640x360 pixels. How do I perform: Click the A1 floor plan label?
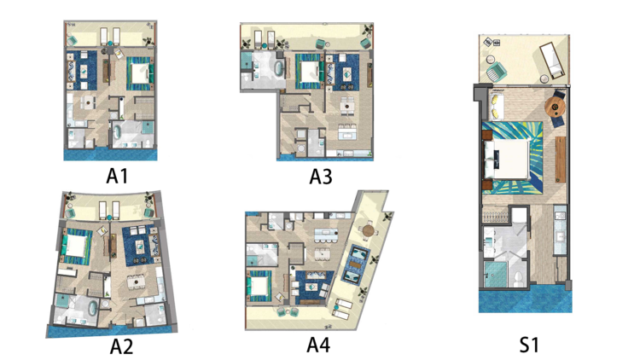(x=117, y=176)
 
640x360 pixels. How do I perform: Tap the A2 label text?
(x=121, y=346)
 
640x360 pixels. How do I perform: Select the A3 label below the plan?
(x=321, y=177)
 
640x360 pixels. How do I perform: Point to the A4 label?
(x=318, y=345)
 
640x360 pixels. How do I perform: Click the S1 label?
(x=529, y=345)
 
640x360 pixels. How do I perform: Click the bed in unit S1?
(x=509, y=159)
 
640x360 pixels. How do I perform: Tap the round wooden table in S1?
(x=556, y=106)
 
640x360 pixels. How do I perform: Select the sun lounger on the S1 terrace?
(x=553, y=61)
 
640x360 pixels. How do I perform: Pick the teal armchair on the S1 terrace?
(x=496, y=73)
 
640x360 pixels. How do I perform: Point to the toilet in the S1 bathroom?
(x=518, y=278)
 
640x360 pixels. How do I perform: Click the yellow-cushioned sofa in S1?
(x=496, y=104)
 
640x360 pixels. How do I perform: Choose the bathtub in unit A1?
(x=117, y=133)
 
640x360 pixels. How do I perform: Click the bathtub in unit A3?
(x=279, y=67)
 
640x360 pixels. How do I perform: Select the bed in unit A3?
(x=309, y=72)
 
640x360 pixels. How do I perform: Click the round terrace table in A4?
(x=368, y=230)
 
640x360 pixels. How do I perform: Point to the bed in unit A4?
(x=259, y=285)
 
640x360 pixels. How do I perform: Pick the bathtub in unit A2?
(x=93, y=309)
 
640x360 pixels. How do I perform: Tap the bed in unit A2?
(x=75, y=247)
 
